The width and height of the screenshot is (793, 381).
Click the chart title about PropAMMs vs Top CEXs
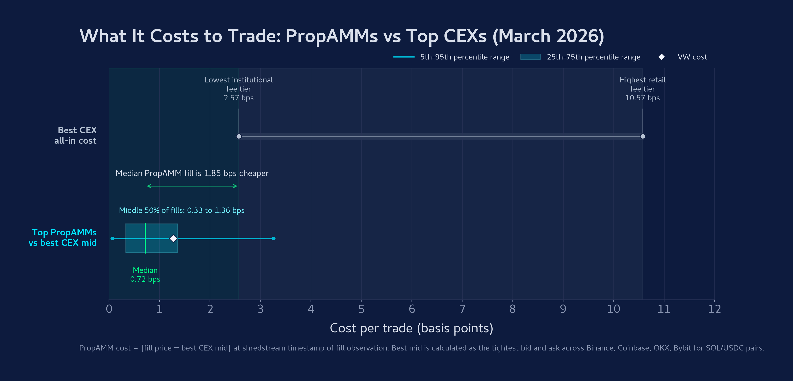[x=342, y=36]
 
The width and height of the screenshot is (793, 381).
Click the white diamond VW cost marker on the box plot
[x=173, y=238]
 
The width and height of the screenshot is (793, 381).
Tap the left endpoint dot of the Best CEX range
[x=238, y=136]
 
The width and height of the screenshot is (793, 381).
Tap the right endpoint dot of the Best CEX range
[x=642, y=136]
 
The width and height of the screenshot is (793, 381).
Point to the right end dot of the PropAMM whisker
[x=274, y=238]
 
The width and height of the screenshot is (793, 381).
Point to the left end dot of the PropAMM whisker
[x=112, y=238]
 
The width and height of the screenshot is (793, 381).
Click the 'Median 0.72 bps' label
[x=145, y=275]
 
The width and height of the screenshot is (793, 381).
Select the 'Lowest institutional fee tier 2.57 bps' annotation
[x=238, y=89]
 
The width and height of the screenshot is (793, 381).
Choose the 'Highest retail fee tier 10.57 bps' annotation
[x=642, y=89]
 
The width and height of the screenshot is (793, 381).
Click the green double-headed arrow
[x=192, y=186]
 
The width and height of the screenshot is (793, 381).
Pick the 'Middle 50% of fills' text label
[x=182, y=210]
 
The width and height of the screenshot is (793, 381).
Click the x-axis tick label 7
[x=462, y=309]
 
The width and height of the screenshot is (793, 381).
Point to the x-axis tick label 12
[x=714, y=309]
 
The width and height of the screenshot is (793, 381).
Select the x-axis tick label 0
[x=109, y=309]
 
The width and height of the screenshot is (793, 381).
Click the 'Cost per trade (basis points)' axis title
[x=411, y=328]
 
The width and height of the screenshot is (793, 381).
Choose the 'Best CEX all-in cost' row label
[x=75, y=135]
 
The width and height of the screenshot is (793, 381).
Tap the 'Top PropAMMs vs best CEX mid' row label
[x=63, y=237]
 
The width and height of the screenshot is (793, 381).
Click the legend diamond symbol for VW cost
[x=661, y=57]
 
